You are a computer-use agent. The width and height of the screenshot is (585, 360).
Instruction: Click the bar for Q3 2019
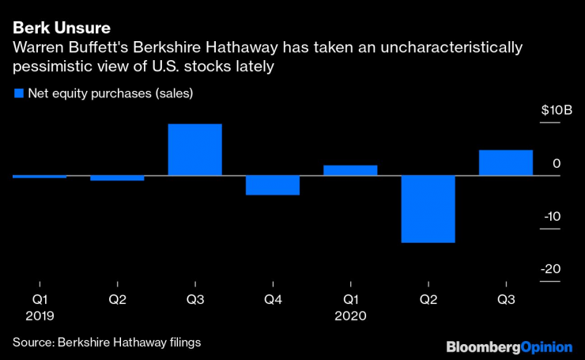coord(194,150)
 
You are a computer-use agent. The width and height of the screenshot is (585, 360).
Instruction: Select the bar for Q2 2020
coord(428,209)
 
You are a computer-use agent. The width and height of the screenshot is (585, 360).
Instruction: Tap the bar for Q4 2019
coord(272,185)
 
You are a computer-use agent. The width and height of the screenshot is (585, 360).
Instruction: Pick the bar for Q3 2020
coord(506,162)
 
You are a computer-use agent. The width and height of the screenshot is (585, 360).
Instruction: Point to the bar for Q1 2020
coord(350,170)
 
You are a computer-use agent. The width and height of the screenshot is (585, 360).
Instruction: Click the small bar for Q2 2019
coord(117,178)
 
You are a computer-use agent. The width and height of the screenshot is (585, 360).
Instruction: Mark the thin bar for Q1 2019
coord(40,176)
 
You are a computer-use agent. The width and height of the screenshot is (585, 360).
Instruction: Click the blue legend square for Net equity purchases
coord(19,93)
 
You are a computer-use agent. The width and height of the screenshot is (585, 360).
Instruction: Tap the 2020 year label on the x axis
coord(350,315)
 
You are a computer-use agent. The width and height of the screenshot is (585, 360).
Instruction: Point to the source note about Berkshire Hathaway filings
coord(106,342)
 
